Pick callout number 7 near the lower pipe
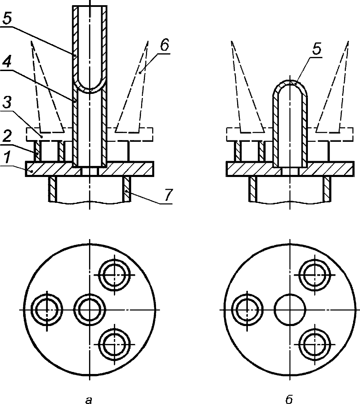click(167, 195)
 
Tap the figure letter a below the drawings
click(89, 400)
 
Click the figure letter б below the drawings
click(289, 399)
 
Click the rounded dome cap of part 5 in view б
click(290, 82)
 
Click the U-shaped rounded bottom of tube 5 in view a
click(89, 90)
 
